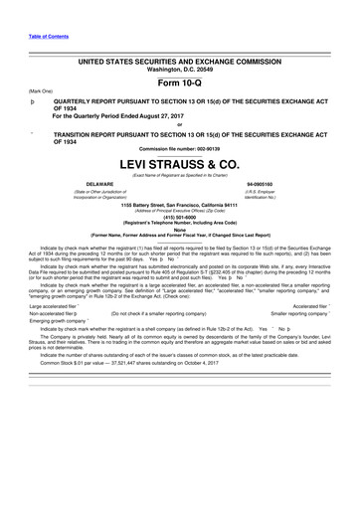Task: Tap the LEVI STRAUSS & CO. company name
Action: tap(180, 163)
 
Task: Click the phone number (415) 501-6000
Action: tap(180, 220)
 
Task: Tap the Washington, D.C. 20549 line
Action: tap(180, 69)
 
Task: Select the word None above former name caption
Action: tap(180, 230)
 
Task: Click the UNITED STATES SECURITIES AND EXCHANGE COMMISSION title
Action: tap(180, 61)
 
